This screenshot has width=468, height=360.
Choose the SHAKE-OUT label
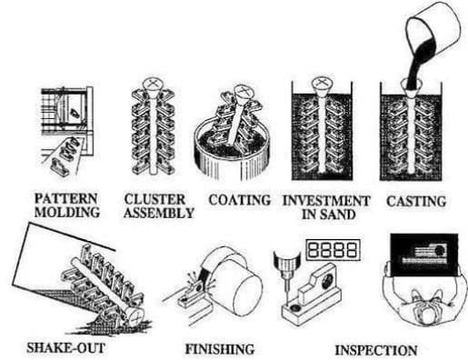coord(55,346)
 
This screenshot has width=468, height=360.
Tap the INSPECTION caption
coord(375,348)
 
